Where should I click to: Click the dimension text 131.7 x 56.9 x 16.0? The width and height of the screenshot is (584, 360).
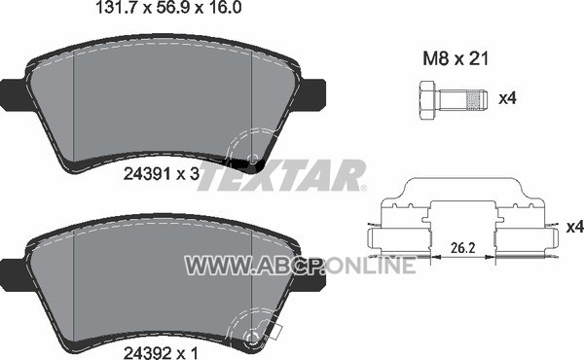[x=168, y=8]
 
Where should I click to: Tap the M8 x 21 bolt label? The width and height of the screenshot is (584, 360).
[x=456, y=58]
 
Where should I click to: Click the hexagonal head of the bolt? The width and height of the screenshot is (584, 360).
[x=427, y=100]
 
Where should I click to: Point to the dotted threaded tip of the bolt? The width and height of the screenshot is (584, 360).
[x=477, y=100]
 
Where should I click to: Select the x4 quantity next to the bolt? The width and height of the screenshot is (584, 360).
[x=507, y=98]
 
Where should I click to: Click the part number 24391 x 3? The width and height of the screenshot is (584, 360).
[x=162, y=174]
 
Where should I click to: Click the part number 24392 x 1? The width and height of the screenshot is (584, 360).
[x=161, y=353]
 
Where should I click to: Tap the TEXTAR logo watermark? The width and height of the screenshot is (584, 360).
[x=280, y=175]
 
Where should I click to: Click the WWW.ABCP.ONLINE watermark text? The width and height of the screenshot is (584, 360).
[x=300, y=266]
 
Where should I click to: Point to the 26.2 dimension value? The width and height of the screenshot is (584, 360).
[x=463, y=248]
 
